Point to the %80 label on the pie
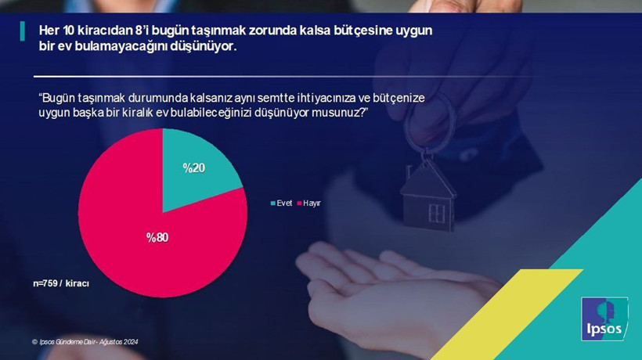click(x=157, y=237)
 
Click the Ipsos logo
click(x=604, y=319)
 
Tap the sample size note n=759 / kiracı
click(x=61, y=284)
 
